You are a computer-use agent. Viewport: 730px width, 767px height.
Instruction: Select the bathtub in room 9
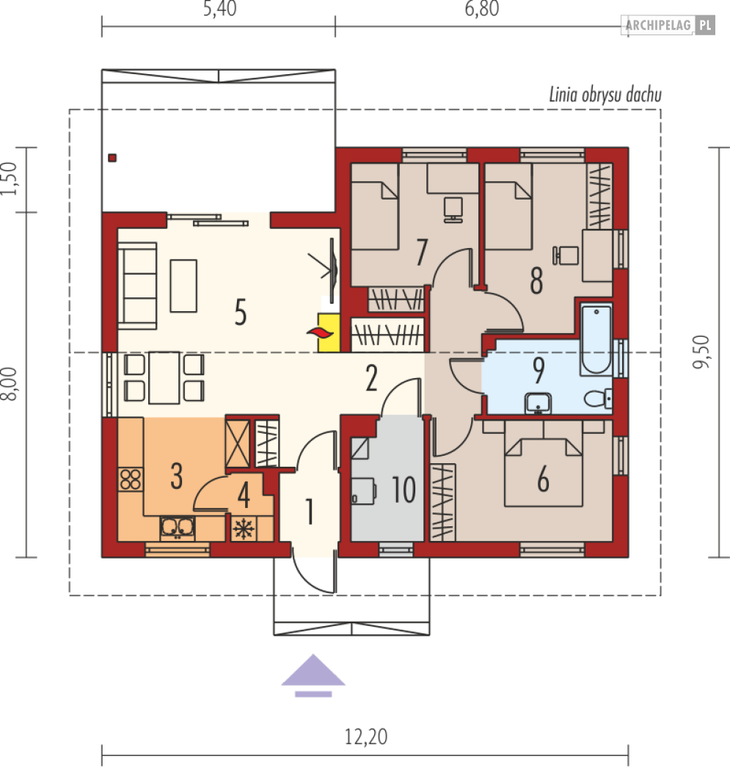pyautogui.click(x=596, y=339)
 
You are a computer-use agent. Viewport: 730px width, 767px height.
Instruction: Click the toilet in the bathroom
pyautogui.click(x=598, y=398)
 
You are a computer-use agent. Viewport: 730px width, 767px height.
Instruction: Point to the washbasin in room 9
pyautogui.click(x=538, y=404)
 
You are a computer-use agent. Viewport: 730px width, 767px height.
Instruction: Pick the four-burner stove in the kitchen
pyautogui.click(x=131, y=479)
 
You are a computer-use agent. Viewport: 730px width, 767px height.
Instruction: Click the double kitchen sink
pyautogui.click(x=178, y=527)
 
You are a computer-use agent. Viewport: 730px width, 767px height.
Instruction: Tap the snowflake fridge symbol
pyautogui.click(x=243, y=528)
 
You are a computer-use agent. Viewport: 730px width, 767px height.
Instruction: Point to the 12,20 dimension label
pyautogui.click(x=365, y=736)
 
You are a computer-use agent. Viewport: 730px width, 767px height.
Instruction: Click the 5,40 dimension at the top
pyautogui.click(x=219, y=9)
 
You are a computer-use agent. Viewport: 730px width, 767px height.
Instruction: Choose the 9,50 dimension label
pyautogui.click(x=701, y=352)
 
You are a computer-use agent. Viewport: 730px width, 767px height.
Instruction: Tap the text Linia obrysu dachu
pyautogui.click(x=605, y=95)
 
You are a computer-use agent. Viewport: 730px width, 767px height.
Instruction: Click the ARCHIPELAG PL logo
pyautogui.click(x=668, y=25)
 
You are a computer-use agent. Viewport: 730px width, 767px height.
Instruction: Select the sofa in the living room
pyautogui.click(x=137, y=286)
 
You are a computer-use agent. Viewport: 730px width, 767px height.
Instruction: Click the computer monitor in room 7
pyautogui.click(x=453, y=210)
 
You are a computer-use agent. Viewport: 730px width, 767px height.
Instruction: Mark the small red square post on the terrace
pyautogui.click(x=112, y=158)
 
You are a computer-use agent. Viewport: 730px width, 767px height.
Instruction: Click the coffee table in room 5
pyautogui.click(x=183, y=286)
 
